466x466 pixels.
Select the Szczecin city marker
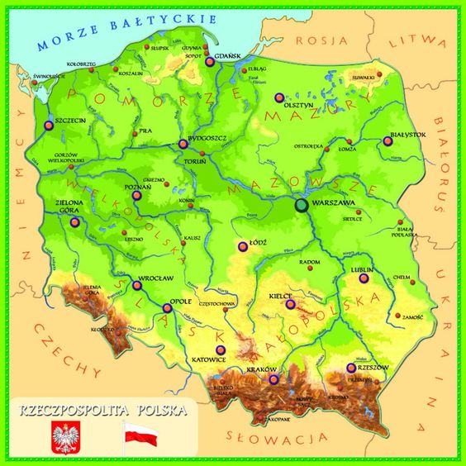tap(45, 127)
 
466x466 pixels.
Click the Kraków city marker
tap(273, 380)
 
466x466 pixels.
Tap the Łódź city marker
tap(242, 245)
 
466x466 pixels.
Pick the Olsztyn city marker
tap(278, 97)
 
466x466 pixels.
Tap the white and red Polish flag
tap(140, 433)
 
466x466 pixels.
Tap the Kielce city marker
tap(289, 304)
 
